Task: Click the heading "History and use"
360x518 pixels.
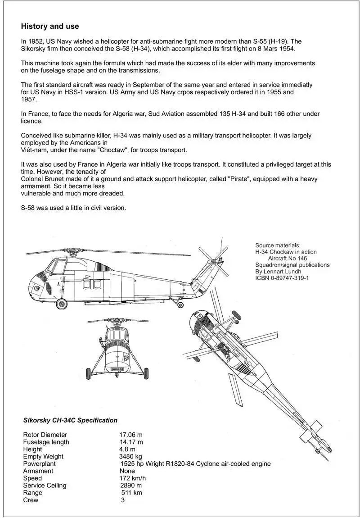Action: tap(49, 27)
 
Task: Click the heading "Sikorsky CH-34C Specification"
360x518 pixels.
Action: tap(70, 420)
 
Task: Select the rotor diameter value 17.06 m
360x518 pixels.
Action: tap(130, 435)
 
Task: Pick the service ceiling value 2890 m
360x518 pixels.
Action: tap(131, 485)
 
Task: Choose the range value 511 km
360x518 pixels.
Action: tap(131, 492)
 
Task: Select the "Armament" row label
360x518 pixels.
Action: tap(38, 471)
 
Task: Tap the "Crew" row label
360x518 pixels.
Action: tap(31, 500)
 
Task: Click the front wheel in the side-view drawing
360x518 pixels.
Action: tap(62, 304)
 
